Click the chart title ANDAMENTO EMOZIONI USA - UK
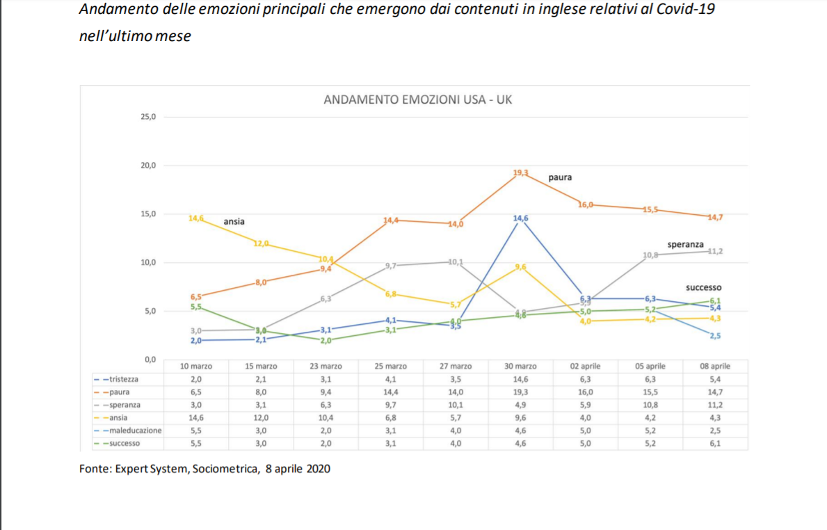(x=418, y=100)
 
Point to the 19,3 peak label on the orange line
(x=521, y=172)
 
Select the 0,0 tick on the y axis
(x=149, y=360)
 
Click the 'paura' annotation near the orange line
(x=560, y=178)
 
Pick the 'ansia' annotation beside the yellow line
(x=234, y=222)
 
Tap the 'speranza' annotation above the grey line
(x=685, y=245)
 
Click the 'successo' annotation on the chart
(x=703, y=287)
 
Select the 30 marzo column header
(x=520, y=367)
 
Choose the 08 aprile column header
(x=715, y=367)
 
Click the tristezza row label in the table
(x=122, y=379)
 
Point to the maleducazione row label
(x=132, y=431)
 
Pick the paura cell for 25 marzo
(x=390, y=392)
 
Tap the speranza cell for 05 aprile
(x=650, y=405)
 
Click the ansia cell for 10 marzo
(x=195, y=418)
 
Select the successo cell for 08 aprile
(x=715, y=443)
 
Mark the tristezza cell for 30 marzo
(x=520, y=379)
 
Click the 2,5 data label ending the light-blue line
(x=715, y=336)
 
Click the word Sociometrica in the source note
(x=225, y=469)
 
